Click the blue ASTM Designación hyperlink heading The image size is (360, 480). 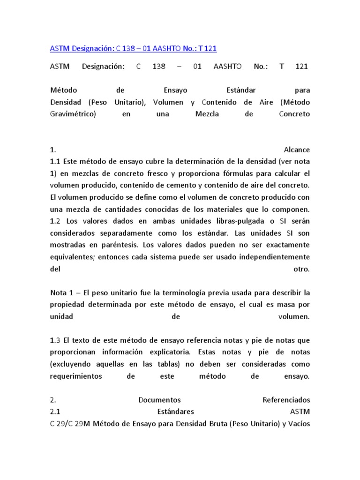[133, 48]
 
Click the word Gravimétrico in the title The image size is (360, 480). [73, 114]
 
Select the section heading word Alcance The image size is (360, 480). [297, 150]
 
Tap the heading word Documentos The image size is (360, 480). [159, 400]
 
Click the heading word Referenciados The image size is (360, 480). [286, 400]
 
